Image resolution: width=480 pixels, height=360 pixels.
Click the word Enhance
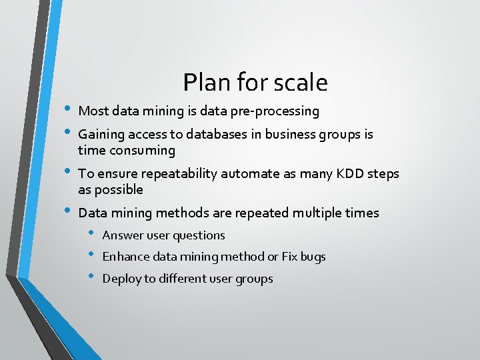click(126, 257)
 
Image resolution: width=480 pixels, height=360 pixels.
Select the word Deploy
click(121, 279)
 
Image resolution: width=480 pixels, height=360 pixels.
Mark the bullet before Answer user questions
click(91, 233)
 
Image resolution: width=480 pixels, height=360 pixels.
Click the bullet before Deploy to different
click(91, 277)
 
